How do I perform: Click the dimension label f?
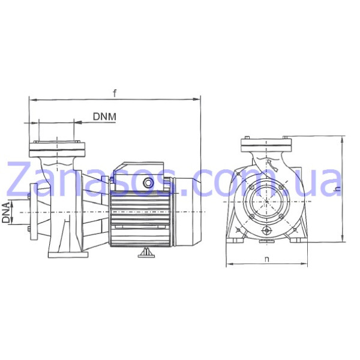[x=115, y=93]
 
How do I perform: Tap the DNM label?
[x=104, y=116]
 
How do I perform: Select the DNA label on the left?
[x=6, y=212]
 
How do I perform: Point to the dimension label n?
[x=266, y=259]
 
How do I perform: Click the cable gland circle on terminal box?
[x=148, y=183]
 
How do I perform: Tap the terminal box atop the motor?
[x=139, y=176]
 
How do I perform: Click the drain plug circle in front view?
[x=267, y=230]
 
